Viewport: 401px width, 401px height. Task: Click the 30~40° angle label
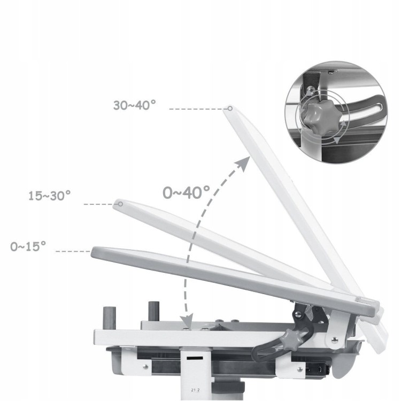tap(135, 105)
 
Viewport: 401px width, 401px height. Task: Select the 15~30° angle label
tap(49, 196)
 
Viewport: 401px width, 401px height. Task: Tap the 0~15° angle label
tap(28, 246)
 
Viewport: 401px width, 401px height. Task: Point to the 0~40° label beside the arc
tap(186, 192)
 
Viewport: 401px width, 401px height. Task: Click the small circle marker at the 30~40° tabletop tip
tap(230, 109)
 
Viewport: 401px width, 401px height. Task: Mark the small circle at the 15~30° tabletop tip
tap(120, 204)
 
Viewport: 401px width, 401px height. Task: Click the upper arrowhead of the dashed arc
tap(243, 163)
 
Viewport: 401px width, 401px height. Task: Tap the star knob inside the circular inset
tap(318, 115)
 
